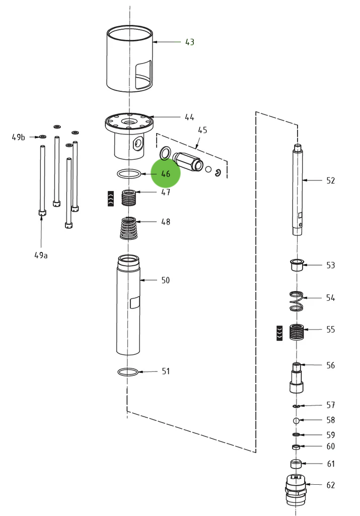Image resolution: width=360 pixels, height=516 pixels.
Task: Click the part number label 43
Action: click(189, 42)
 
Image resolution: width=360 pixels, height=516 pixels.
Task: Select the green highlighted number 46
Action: click(166, 173)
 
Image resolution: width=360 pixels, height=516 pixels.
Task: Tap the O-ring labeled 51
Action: click(128, 372)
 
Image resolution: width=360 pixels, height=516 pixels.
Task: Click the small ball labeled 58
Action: click(297, 420)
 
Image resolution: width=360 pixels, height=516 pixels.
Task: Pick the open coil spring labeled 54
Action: click(297, 301)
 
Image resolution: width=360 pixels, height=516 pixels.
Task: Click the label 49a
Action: click(41, 255)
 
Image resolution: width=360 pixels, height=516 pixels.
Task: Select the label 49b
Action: click(19, 137)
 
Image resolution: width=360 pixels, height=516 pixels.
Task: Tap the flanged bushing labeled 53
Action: click(297, 265)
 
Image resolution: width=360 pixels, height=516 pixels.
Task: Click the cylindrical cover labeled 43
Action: click(129, 59)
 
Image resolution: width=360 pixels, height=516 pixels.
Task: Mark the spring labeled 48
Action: click(129, 228)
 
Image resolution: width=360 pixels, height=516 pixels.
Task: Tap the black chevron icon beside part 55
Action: click(279, 333)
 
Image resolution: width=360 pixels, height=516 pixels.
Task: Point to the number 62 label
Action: click(330, 485)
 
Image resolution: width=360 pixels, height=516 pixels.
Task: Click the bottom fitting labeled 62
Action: click(296, 489)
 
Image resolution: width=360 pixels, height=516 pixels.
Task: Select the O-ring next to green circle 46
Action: click(128, 174)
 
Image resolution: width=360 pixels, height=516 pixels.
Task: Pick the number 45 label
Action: click(202, 130)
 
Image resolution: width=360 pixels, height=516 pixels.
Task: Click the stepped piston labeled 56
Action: click(297, 377)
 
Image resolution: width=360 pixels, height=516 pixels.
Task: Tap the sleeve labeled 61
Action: click(297, 464)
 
